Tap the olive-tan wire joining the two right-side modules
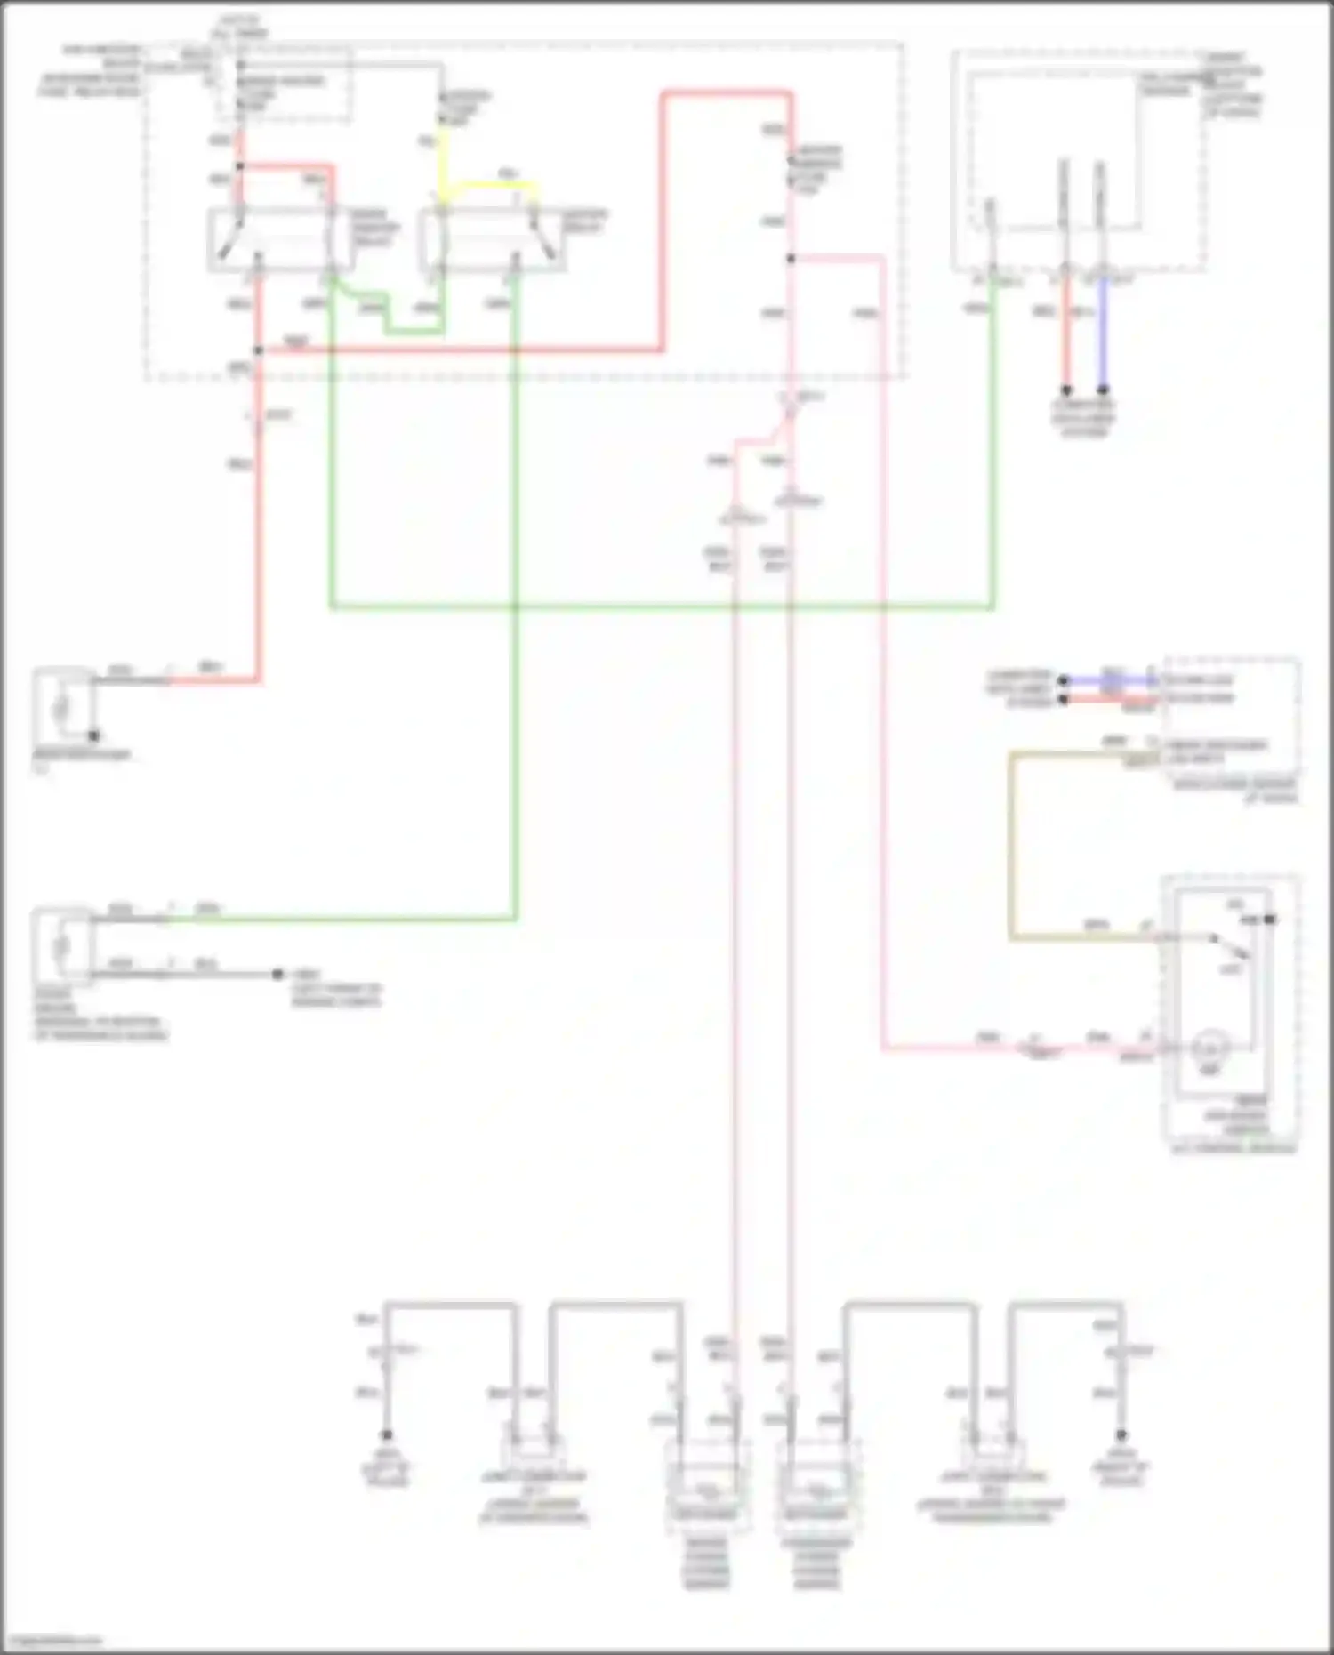[1012, 845]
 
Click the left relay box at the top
[277, 238]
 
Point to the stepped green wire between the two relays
[387, 316]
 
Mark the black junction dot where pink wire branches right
[791, 259]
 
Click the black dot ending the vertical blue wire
[1103, 390]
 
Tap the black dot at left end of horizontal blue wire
[1063, 680]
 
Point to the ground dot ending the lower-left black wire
[278, 975]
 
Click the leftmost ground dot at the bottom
[386, 1435]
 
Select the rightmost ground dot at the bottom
[1121, 1435]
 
